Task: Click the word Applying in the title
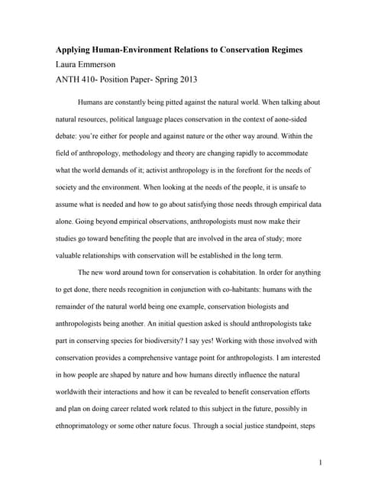75,50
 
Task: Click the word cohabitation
237,273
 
